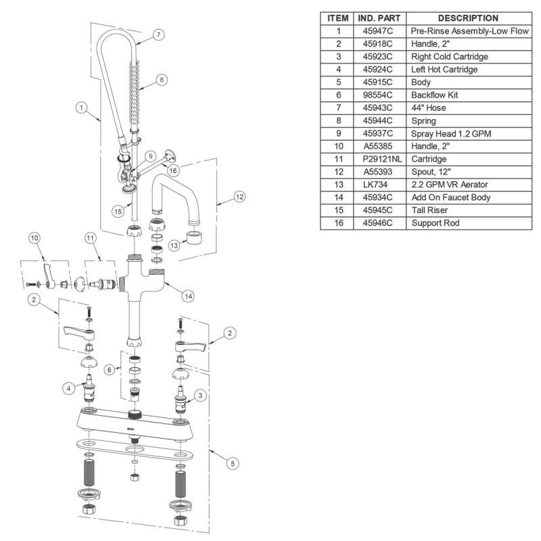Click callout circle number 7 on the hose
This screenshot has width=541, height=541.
tap(158, 33)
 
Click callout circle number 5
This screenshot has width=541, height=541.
tap(233, 463)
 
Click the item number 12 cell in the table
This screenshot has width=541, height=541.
tap(339, 172)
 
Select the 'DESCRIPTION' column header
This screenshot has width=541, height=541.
tap(468, 18)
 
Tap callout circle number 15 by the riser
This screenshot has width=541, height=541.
tap(118, 211)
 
